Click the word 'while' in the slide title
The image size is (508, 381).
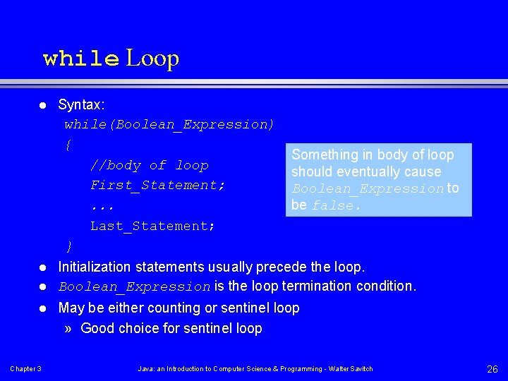[x=80, y=58]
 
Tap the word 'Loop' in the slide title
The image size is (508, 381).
[x=152, y=58]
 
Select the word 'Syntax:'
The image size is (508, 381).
[x=81, y=105]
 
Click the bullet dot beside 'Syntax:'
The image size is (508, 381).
[x=42, y=106]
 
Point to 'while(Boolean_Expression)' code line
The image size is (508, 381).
[x=169, y=125]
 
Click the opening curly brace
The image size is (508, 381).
[x=68, y=145]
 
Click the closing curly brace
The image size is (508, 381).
[x=68, y=246]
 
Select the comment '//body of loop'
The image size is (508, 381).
[x=149, y=166]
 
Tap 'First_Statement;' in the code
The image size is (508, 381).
[x=157, y=186]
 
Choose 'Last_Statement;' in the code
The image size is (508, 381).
[x=152, y=226]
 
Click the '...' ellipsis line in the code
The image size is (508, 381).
[x=102, y=207]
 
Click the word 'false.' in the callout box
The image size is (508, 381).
[x=337, y=206]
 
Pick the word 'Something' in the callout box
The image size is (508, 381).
[x=325, y=155]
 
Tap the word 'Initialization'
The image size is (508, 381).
[x=94, y=267]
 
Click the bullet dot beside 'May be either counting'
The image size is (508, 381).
[x=42, y=308]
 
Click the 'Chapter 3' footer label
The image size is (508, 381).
[x=25, y=369]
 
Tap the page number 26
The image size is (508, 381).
[x=492, y=369]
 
